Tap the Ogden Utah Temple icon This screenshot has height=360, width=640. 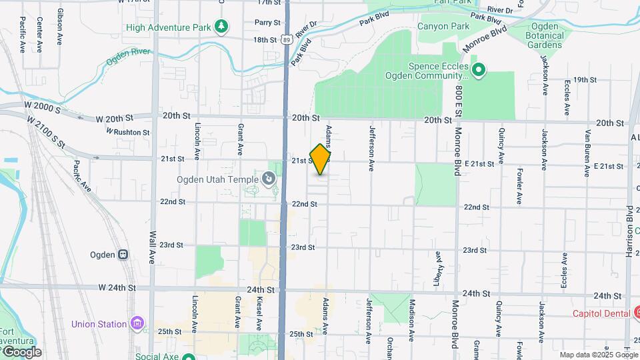pyautogui.click(x=268, y=178)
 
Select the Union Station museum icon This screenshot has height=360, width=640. pyautogui.click(x=137, y=324)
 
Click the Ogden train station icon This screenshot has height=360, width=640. pyautogui.click(x=123, y=255)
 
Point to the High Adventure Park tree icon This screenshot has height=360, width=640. pyautogui.click(x=221, y=27)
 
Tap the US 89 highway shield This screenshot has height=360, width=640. pyautogui.click(x=286, y=40)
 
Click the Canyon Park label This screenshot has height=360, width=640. pyautogui.click(x=439, y=27)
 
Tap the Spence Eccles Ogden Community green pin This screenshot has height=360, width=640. pyautogui.click(x=479, y=69)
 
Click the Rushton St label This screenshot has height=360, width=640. pyautogui.click(x=131, y=132)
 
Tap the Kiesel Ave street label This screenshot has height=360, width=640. pyautogui.click(x=258, y=314)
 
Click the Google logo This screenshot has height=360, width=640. pyautogui.click(x=21, y=351)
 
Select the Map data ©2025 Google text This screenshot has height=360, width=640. pyautogui.click(x=597, y=355)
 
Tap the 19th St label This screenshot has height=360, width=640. pyautogui.click(x=584, y=80)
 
